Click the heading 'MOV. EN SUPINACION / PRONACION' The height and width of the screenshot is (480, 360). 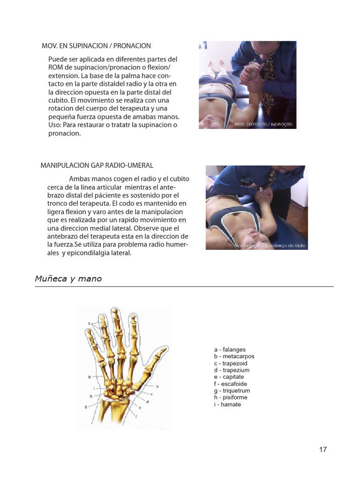pos(96,46)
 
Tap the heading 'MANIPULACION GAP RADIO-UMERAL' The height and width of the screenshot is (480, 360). pos(97,166)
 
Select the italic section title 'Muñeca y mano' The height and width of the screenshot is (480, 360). pos(68,279)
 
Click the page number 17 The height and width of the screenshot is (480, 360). pos(323,450)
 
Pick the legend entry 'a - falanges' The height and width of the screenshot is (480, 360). pos(230,350)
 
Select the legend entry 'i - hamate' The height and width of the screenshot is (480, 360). pos(227,404)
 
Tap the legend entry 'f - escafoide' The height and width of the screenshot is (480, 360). pos(230,384)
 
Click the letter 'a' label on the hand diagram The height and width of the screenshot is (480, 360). pos(89,323)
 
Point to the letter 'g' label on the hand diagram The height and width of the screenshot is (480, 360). pos(86,407)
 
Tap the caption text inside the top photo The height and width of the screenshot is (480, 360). pos(264,124)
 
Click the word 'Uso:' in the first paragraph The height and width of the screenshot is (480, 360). pos(56,125)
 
